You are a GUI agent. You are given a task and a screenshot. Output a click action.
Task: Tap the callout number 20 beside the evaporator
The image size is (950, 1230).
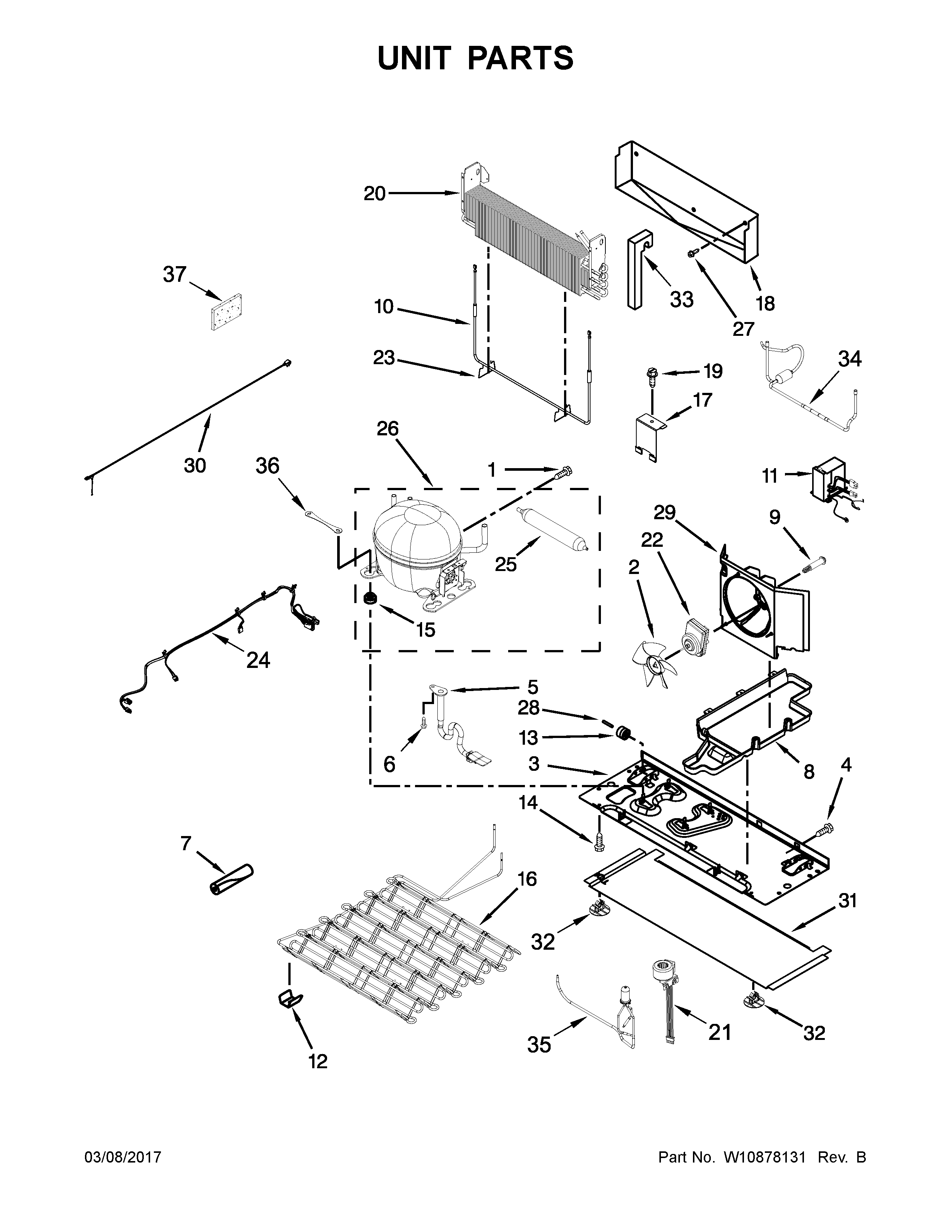point(374,194)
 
